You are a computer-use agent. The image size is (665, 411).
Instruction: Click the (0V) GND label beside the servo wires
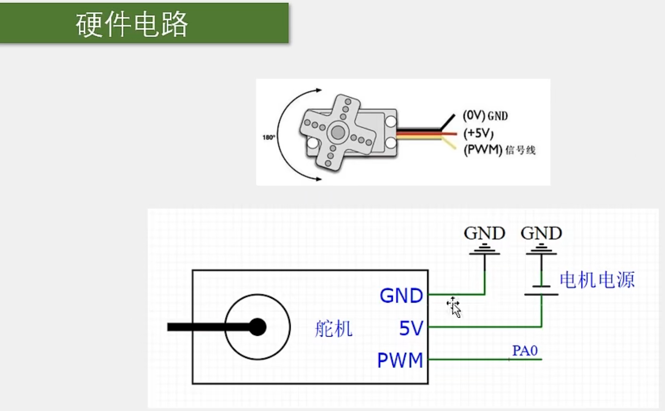485,116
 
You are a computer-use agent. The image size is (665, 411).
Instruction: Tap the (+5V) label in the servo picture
478,133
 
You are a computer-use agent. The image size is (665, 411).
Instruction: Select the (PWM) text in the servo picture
483,150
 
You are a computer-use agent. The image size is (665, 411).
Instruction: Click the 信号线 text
520,150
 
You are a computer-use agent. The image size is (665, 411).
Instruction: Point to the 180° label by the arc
268,137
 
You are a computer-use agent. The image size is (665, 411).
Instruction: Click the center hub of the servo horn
338,132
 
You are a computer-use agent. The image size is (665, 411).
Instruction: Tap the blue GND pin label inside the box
401,296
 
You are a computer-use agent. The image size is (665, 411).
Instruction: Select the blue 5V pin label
411,328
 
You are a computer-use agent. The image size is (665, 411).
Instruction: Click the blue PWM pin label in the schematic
400,360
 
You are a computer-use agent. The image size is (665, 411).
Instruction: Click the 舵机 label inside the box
333,329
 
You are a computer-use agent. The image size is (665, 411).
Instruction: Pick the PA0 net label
524,351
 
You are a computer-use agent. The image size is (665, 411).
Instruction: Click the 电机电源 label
597,280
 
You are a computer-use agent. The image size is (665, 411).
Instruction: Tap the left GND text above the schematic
484,233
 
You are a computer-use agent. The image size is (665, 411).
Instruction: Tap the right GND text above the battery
541,233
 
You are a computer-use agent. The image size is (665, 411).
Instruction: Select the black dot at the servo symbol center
257,327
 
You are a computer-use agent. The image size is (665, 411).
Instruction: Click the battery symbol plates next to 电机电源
541,290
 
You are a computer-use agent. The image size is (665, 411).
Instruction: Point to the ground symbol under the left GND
484,250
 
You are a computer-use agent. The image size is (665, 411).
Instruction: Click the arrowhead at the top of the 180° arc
319,90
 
